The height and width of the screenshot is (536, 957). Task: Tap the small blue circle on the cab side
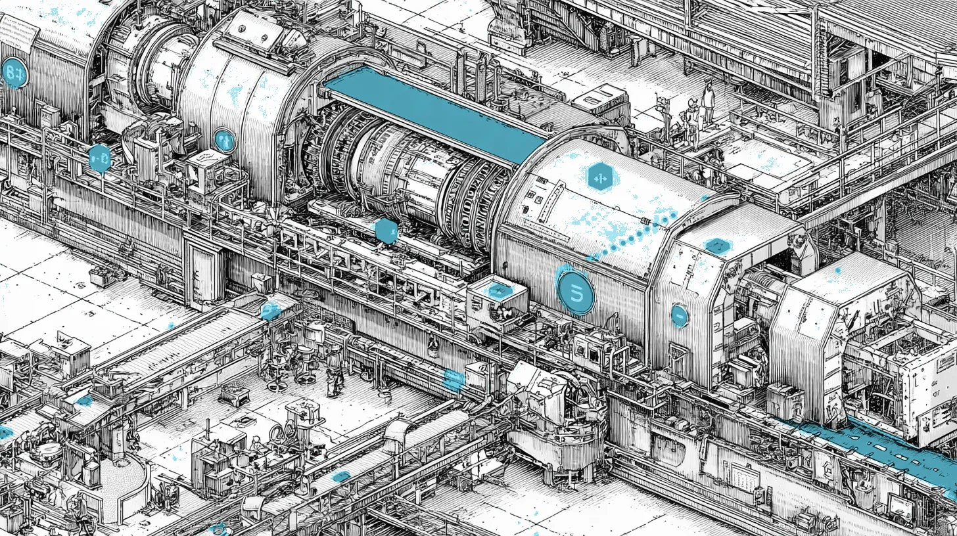(x=680, y=316)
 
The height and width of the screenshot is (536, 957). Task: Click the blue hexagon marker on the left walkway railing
(x=100, y=158)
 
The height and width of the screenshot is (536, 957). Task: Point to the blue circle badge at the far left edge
(x=14, y=73)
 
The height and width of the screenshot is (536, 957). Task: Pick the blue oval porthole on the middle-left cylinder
(x=224, y=140)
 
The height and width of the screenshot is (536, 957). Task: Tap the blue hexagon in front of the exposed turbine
(x=386, y=231)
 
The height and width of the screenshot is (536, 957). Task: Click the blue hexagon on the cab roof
(x=717, y=246)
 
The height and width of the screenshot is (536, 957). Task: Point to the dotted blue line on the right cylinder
(x=631, y=236)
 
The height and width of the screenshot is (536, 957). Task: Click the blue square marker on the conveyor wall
(x=454, y=379)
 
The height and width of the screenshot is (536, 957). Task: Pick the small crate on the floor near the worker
(x=234, y=394)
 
